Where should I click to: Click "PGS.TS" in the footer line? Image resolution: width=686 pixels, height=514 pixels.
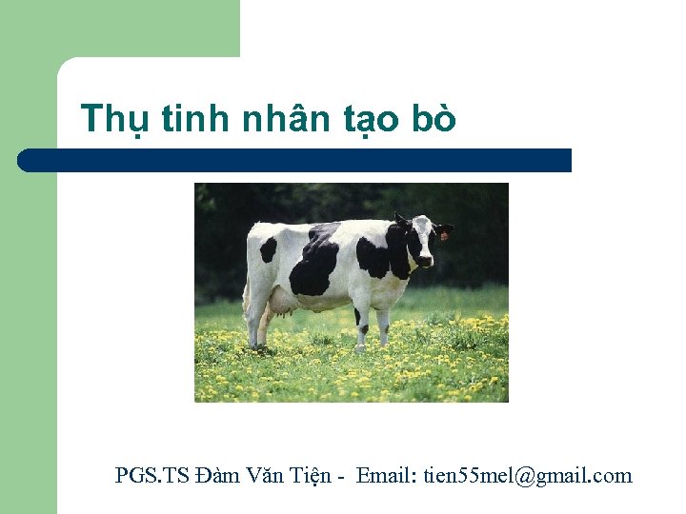click(151, 475)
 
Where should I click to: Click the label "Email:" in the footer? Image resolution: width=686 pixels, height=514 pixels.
click(387, 475)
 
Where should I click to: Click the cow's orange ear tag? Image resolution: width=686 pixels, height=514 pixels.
click(443, 235)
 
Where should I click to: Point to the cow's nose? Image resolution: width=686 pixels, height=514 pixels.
click(425, 260)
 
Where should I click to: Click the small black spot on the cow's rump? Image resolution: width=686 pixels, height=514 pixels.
click(270, 249)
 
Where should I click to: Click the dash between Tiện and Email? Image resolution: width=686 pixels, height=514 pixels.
click(341, 476)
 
